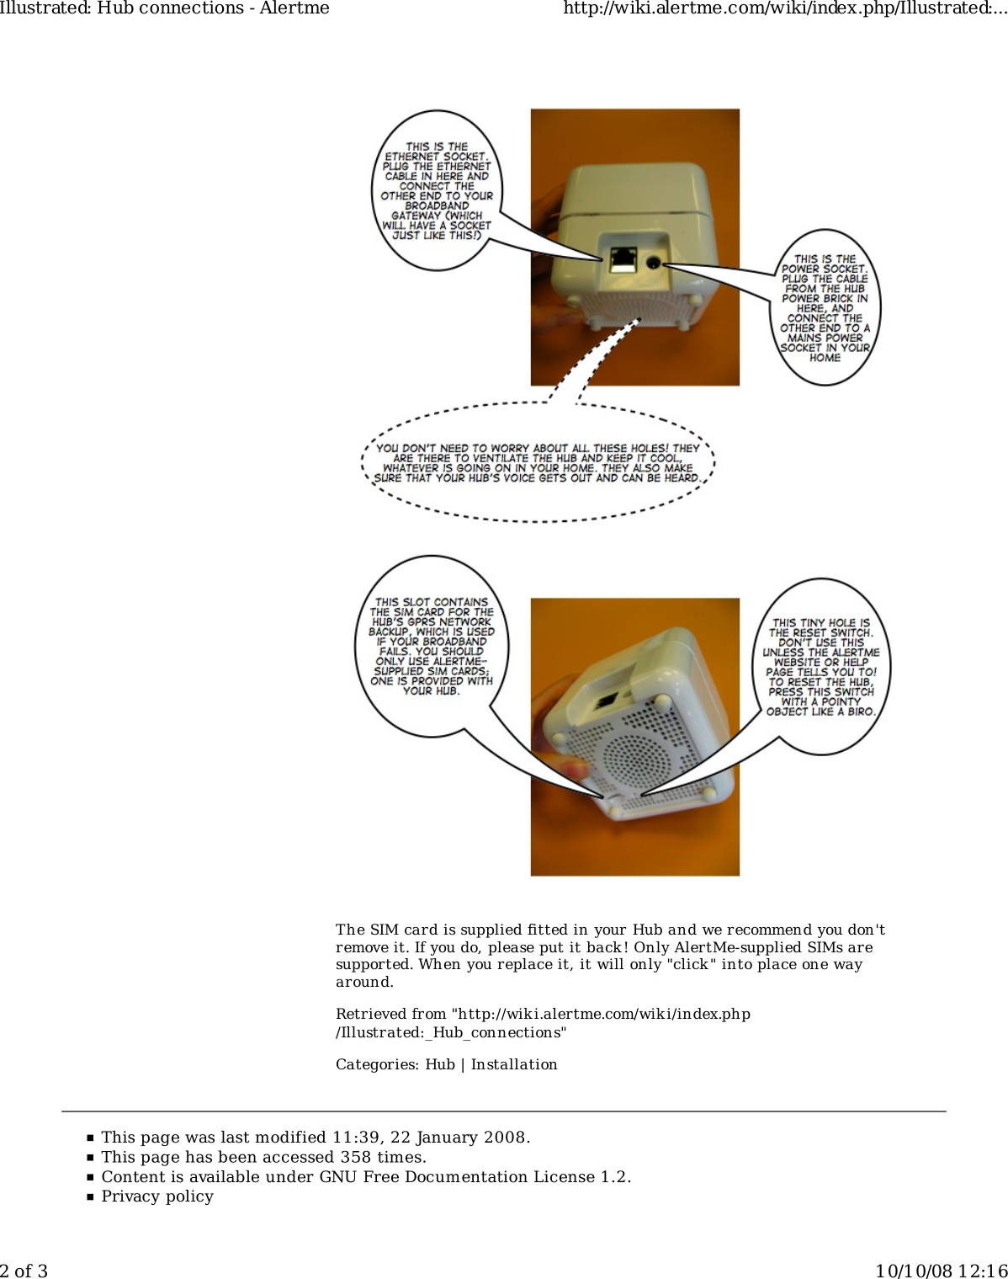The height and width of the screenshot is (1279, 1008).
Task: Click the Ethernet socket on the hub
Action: point(623,258)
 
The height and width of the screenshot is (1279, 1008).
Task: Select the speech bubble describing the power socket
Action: point(825,308)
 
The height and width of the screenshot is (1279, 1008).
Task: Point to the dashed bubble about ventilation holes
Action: point(538,463)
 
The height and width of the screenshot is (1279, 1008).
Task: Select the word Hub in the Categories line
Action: point(439,1064)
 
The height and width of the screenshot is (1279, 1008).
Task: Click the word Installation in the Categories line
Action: point(514,1064)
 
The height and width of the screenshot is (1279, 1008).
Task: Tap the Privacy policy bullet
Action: point(157,1196)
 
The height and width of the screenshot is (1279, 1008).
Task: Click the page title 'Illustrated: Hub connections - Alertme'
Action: point(165,8)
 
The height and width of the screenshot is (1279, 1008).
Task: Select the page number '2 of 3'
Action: point(24,1271)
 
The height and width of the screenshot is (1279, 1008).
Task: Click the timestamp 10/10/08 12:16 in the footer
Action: point(941,1271)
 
